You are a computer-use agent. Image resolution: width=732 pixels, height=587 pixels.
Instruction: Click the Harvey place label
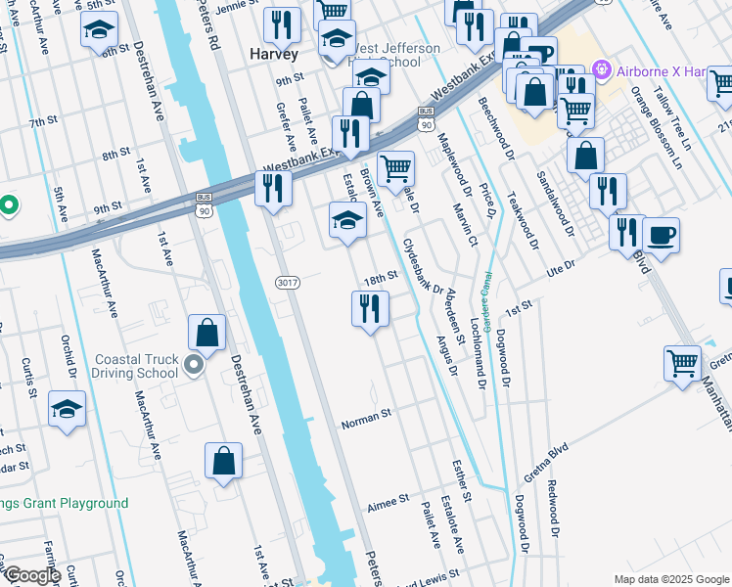click(x=274, y=55)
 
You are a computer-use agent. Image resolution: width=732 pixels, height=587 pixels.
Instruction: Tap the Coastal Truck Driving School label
click(x=135, y=365)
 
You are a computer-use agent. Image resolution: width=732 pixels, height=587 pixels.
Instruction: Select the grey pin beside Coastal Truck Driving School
click(x=194, y=366)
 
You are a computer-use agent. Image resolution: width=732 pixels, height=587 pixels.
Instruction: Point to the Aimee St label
click(x=388, y=502)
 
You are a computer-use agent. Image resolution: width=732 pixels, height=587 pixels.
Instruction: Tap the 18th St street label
click(x=379, y=279)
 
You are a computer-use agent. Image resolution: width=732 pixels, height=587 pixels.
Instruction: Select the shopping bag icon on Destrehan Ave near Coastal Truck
click(x=208, y=333)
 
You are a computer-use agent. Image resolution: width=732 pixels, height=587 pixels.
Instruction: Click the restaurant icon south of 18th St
click(x=370, y=309)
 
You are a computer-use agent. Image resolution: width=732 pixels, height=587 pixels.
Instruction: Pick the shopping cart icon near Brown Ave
click(x=395, y=167)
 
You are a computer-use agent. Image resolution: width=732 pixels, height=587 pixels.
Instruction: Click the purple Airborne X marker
click(x=601, y=69)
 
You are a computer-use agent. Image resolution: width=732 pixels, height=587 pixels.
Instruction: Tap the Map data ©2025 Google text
click(x=670, y=579)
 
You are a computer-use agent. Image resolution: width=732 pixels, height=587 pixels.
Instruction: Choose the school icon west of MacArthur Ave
click(x=67, y=409)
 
